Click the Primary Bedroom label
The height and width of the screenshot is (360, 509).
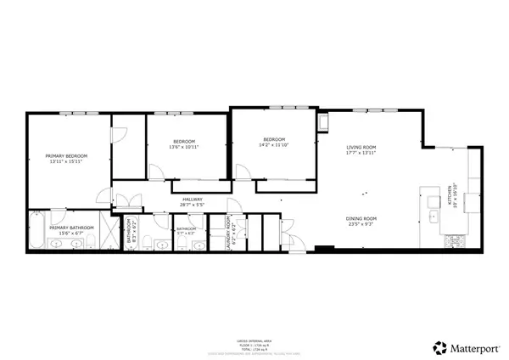(x=66, y=156)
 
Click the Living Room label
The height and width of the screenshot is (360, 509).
(x=360, y=148)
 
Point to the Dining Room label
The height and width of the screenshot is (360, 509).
(x=360, y=219)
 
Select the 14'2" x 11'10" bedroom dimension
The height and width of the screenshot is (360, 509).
(x=273, y=145)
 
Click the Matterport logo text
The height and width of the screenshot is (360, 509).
(x=466, y=346)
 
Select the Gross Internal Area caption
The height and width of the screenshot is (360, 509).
(x=254, y=337)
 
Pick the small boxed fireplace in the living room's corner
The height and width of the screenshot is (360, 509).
(x=323, y=125)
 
